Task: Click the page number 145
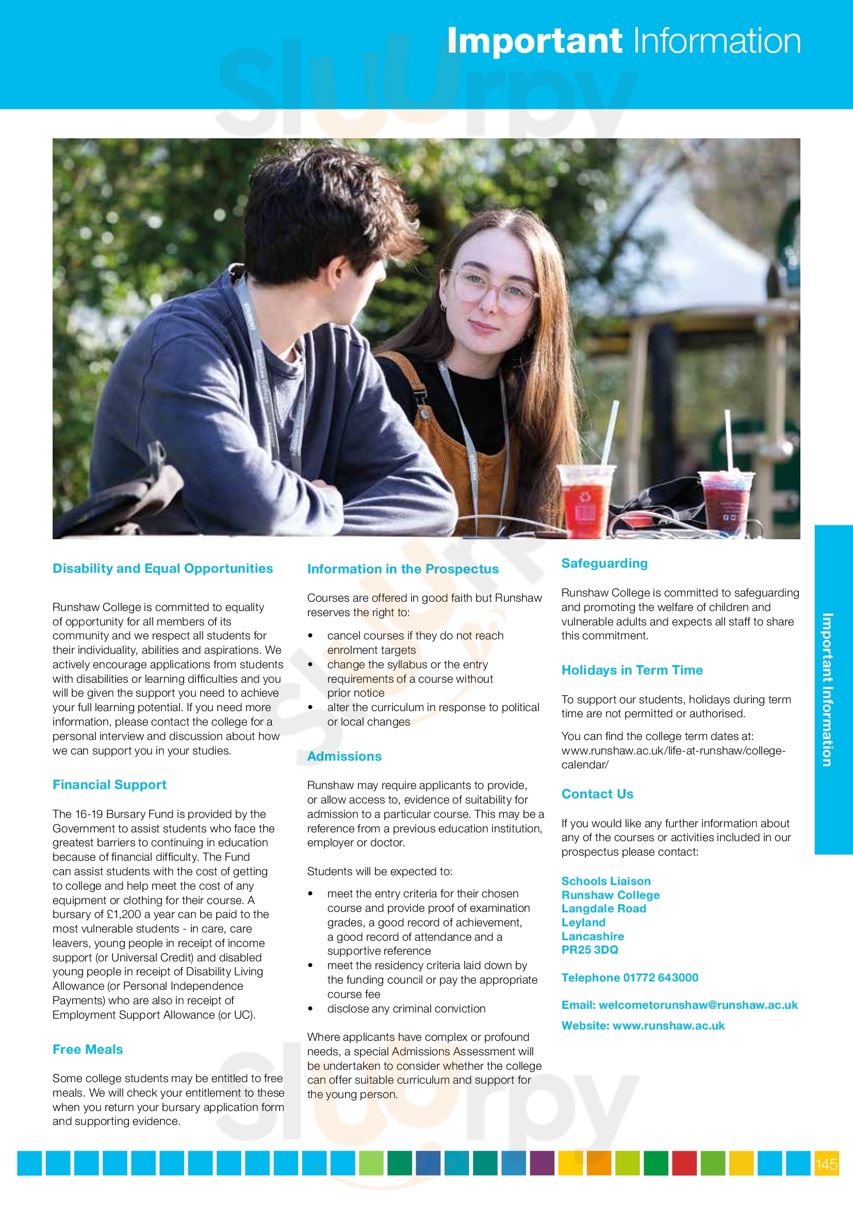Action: [x=826, y=1164]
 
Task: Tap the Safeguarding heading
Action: [x=604, y=563]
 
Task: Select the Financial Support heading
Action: [x=109, y=784]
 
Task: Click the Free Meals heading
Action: [x=88, y=1049]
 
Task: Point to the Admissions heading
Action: [x=344, y=756]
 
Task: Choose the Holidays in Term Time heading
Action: [x=632, y=670]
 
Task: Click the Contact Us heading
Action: [x=597, y=794]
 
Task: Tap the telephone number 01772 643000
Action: [x=660, y=977]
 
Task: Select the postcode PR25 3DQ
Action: [x=590, y=949]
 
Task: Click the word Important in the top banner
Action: [x=534, y=40]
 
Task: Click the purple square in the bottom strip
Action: [x=542, y=1163]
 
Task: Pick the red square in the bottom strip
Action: [x=684, y=1163]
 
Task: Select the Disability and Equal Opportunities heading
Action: [x=162, y=568]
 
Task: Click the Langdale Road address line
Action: [x=603, y=908]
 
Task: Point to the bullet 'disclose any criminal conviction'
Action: [x=406, y=1008]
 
